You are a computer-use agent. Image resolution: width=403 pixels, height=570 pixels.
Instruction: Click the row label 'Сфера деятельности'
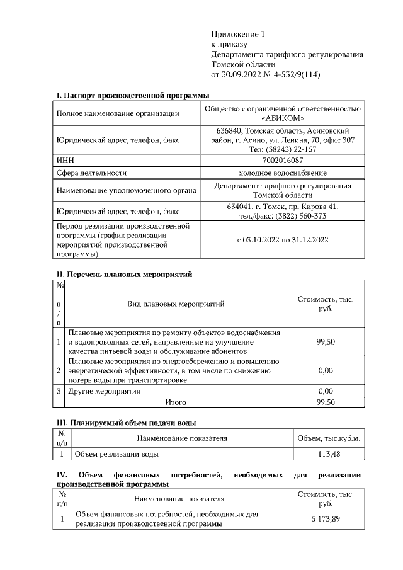(91, 173)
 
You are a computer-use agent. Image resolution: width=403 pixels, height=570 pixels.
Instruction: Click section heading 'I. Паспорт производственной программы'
(132, 95)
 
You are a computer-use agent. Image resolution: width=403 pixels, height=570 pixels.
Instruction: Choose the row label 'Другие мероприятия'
(105, 391)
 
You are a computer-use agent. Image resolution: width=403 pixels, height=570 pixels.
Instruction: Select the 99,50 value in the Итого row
(325, 401)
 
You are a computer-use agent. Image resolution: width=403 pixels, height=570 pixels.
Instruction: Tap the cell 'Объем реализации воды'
(116, 453)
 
